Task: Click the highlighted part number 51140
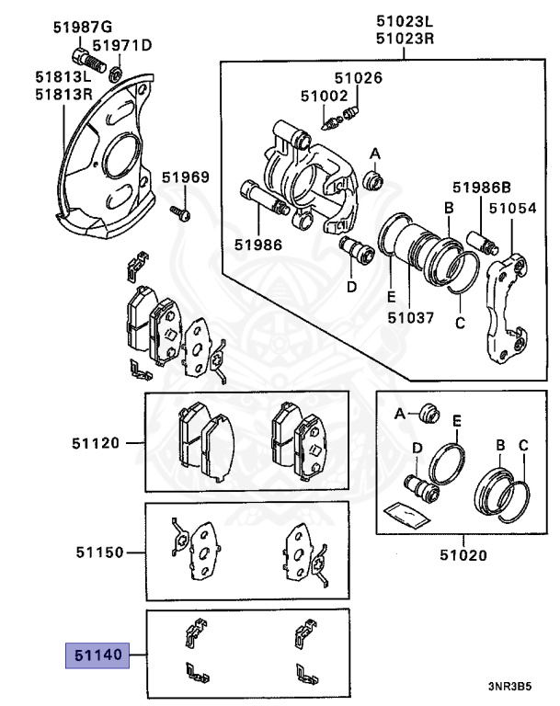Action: (96, 657)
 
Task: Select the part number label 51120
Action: (97, 443)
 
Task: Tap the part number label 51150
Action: (97, 553)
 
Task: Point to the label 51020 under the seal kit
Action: (463, 555)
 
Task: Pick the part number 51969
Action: (186, 177)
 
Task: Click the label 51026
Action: (358, 78)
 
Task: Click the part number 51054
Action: (512, 209)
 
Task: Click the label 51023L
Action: (405, 21)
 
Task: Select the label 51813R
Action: (64, 94)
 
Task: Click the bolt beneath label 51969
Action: (181, 213)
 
